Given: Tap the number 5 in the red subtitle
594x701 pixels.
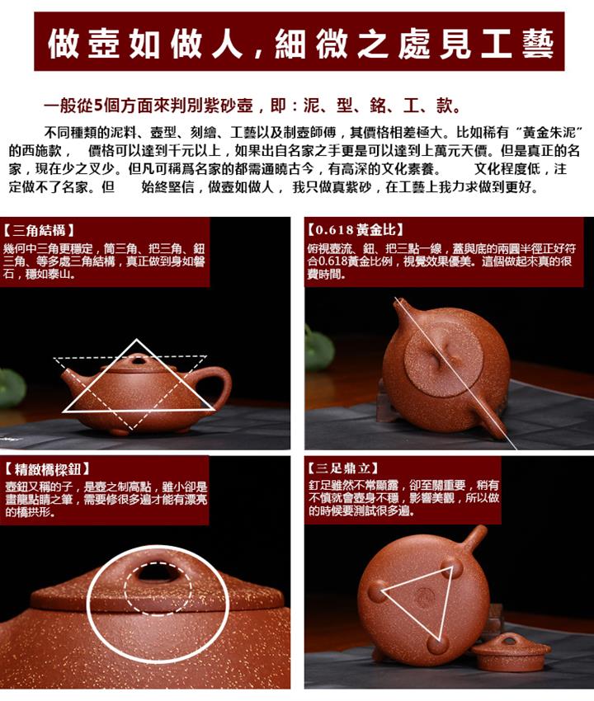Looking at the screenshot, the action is (x=99, y=106).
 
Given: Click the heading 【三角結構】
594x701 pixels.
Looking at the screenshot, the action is (x=39, y=231).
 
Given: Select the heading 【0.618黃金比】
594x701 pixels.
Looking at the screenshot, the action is (x=355, y=230).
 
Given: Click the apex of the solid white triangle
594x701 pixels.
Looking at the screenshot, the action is (x=136, y=341).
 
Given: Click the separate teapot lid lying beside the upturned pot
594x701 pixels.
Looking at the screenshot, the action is (x=511, y=652).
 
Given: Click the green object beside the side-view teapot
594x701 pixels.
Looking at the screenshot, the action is (x=12, y=387).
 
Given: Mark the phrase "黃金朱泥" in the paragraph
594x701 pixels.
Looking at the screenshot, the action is (x=549, y=133).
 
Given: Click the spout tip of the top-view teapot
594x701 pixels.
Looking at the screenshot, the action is (x=400, y=303).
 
